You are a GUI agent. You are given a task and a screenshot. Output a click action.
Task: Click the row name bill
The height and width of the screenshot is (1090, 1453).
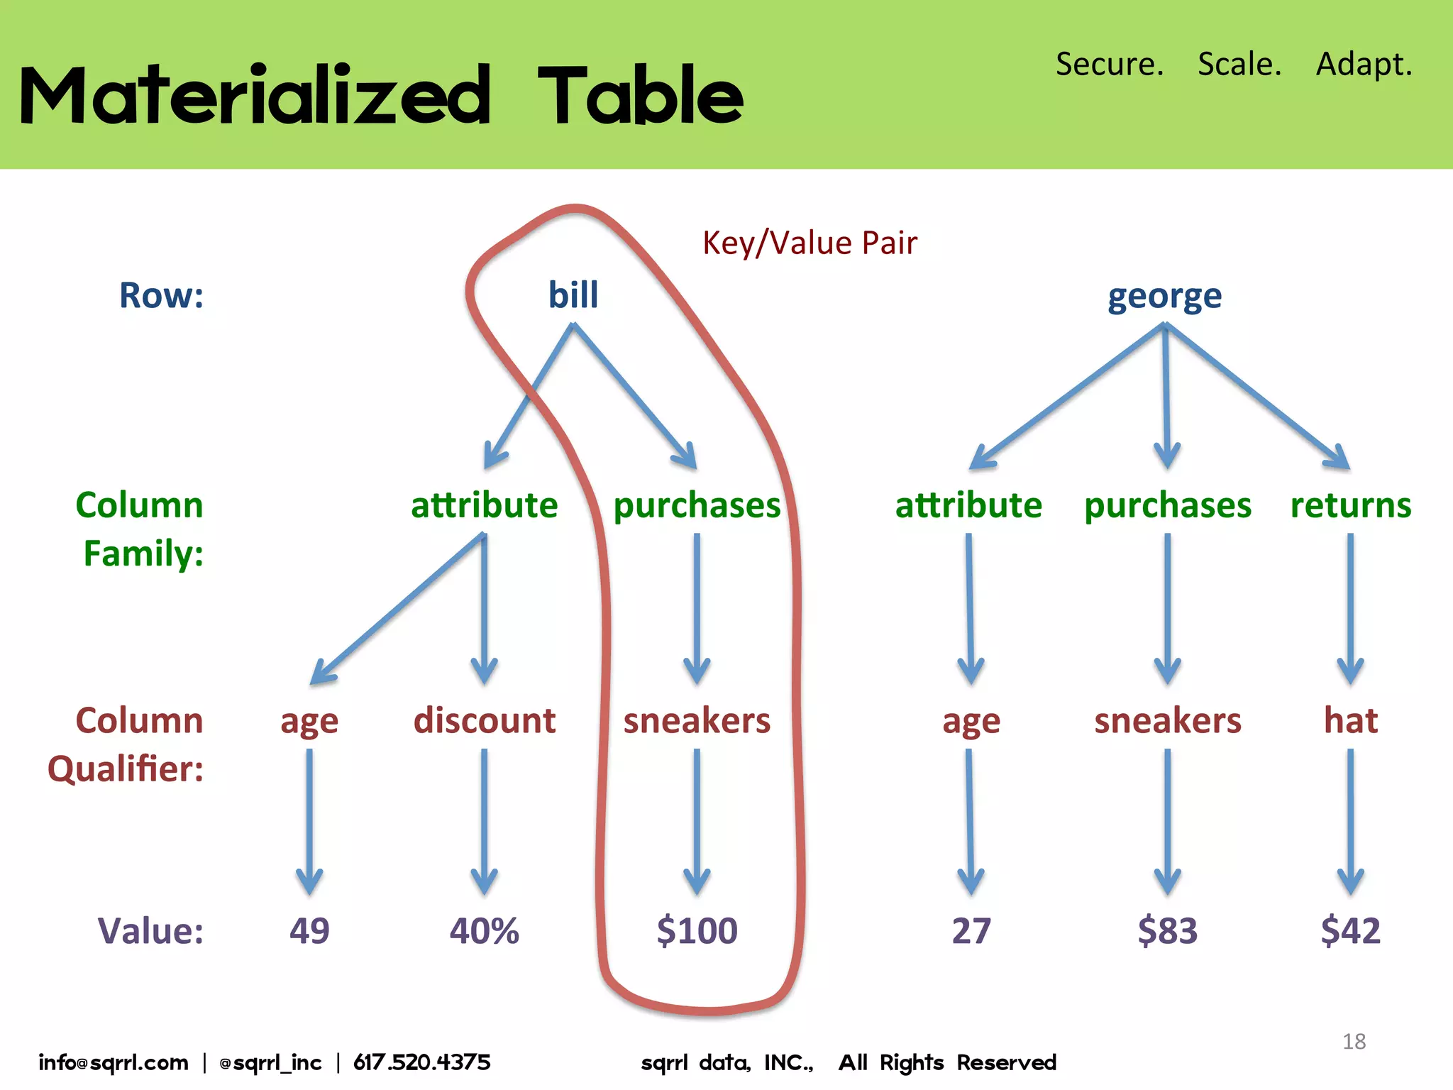[573, 294]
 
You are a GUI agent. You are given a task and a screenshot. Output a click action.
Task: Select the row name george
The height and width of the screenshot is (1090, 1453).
[1164, 297]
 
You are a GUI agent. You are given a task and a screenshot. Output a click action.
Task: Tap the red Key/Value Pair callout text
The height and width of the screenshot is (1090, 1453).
[810, 243]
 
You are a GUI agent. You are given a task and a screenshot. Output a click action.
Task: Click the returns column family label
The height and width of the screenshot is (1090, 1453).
[1351, 505]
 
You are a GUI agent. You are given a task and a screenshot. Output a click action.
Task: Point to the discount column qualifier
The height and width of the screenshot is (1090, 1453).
[485, 720]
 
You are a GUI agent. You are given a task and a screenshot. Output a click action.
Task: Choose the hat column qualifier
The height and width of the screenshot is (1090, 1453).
[1351, 720]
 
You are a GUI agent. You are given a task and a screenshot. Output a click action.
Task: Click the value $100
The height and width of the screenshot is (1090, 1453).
[697, 930]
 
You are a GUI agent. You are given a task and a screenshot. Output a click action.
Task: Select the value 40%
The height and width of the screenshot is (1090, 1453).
[485, 930]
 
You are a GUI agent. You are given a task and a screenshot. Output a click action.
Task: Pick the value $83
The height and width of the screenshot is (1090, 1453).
[1168, 930]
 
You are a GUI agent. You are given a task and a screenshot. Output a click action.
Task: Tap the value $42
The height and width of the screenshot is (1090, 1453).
[1351, 930]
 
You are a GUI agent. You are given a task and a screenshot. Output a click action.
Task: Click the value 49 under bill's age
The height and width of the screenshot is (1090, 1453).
[309, 930]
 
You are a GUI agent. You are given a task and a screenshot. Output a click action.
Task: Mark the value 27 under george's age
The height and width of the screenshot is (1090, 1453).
[971, 930]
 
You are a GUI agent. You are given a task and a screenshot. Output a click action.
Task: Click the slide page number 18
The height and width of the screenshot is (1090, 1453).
[1354, 1041]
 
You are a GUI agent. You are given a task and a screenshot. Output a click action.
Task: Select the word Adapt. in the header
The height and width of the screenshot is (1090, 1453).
[1364, 64]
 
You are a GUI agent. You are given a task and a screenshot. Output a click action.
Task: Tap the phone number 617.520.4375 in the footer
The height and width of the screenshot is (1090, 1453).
[422, 1062]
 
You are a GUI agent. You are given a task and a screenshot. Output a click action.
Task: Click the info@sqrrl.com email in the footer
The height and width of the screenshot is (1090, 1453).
[114, 1062]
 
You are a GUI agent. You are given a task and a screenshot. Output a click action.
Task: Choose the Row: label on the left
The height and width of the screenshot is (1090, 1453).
[161, 295]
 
